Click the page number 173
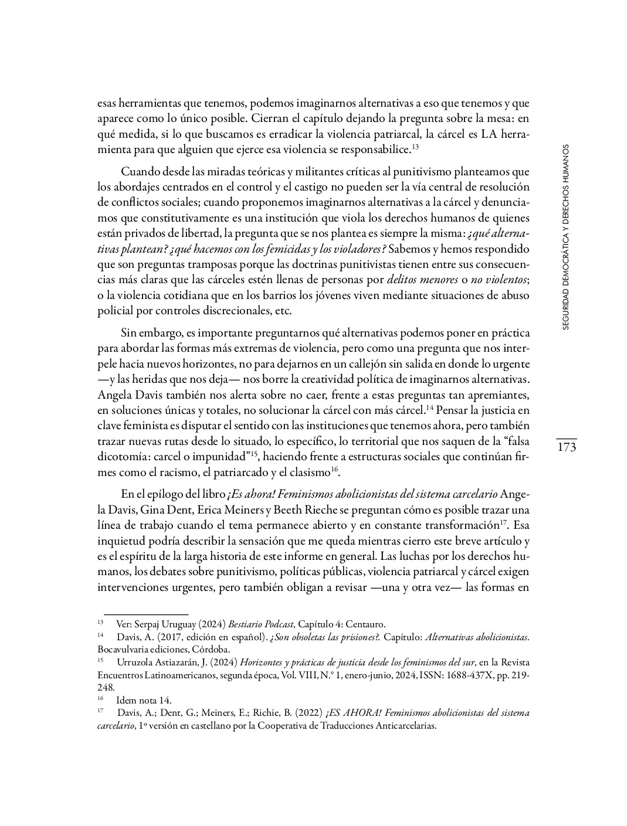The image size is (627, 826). coord(567,447)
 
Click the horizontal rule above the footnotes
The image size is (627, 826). coord(142,614)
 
